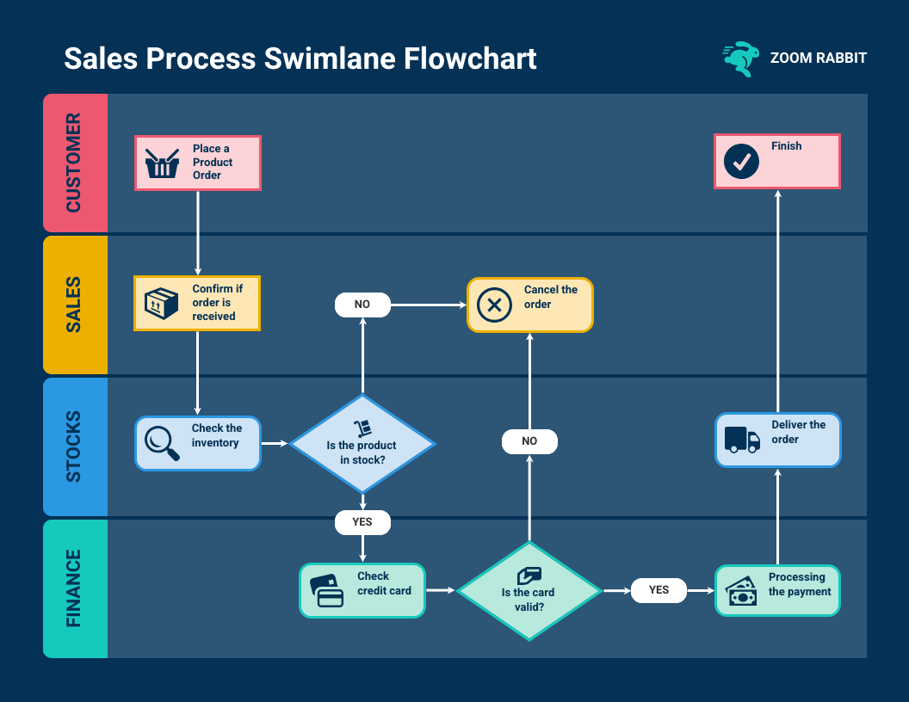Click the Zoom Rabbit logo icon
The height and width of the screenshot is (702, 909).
[x=740, y=58]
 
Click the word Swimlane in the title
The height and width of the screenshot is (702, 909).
[x=328, y=58]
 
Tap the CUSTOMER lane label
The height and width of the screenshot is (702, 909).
[x=75, y=163]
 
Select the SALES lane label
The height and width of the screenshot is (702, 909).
[x=75, y=305]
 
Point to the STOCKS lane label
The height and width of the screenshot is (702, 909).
[x=75, y=446]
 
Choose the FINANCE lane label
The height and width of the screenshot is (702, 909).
[x=75, y=588]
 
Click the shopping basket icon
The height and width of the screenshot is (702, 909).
[x=162, y=163]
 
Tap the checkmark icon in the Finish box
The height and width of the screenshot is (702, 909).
[x=741, y=162]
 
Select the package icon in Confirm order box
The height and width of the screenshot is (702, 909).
[x=162, y=304]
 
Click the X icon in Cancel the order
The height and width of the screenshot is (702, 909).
[x=494, y=305]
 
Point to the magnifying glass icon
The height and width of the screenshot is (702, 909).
[x=162, y=444]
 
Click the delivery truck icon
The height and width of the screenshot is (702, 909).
[x=742, y=440]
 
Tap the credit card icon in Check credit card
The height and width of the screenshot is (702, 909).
[x=327, y=591]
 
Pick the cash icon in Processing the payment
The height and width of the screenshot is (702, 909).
[x=742, y=592]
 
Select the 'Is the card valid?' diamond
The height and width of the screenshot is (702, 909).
[x=529, y=591]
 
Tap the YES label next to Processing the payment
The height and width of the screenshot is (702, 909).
[x=659, y=590]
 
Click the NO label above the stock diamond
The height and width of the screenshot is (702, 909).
[x=362, y=304]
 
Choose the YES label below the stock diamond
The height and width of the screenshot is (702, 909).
[x=362, y=522]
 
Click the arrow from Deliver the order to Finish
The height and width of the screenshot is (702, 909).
[x=778, y=301]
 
